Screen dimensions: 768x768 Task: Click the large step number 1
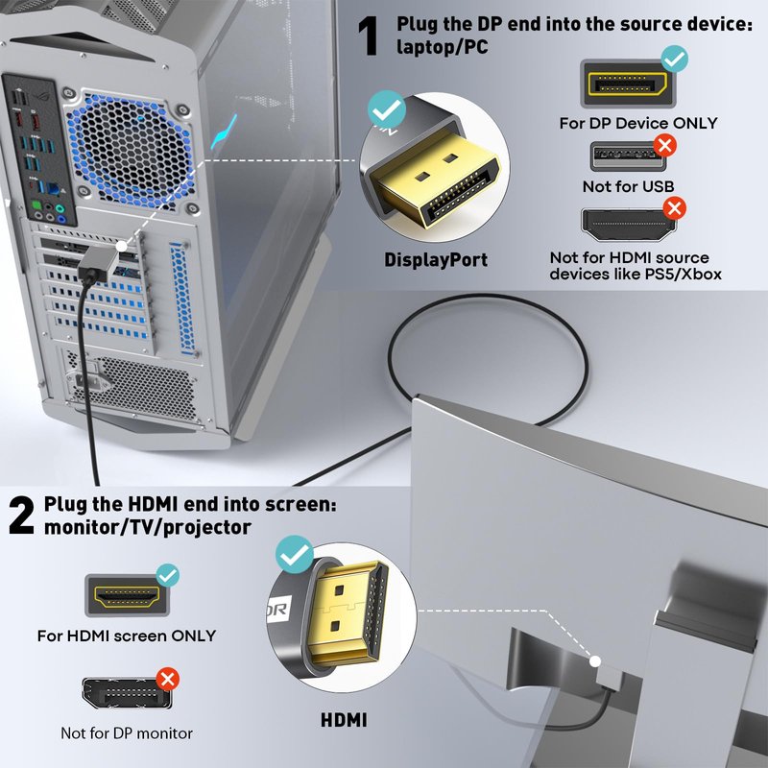coord(369,36)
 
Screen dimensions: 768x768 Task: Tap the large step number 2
coord(21,516)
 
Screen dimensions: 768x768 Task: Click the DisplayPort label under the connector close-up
coord(436,259)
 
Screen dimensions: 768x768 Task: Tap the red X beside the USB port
coord(663,146)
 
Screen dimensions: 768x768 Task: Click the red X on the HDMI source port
coord(675,207)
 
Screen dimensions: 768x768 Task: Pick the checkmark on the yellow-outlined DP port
coord(675,60)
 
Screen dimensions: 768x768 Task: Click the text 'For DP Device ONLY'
coord(638,123)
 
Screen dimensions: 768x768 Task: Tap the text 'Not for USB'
coord(628,186)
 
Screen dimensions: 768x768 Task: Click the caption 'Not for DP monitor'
coord(127,733)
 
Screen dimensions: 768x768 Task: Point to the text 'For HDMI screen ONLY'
coord(127,636)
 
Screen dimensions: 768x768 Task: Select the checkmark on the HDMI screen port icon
coord(168,576)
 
